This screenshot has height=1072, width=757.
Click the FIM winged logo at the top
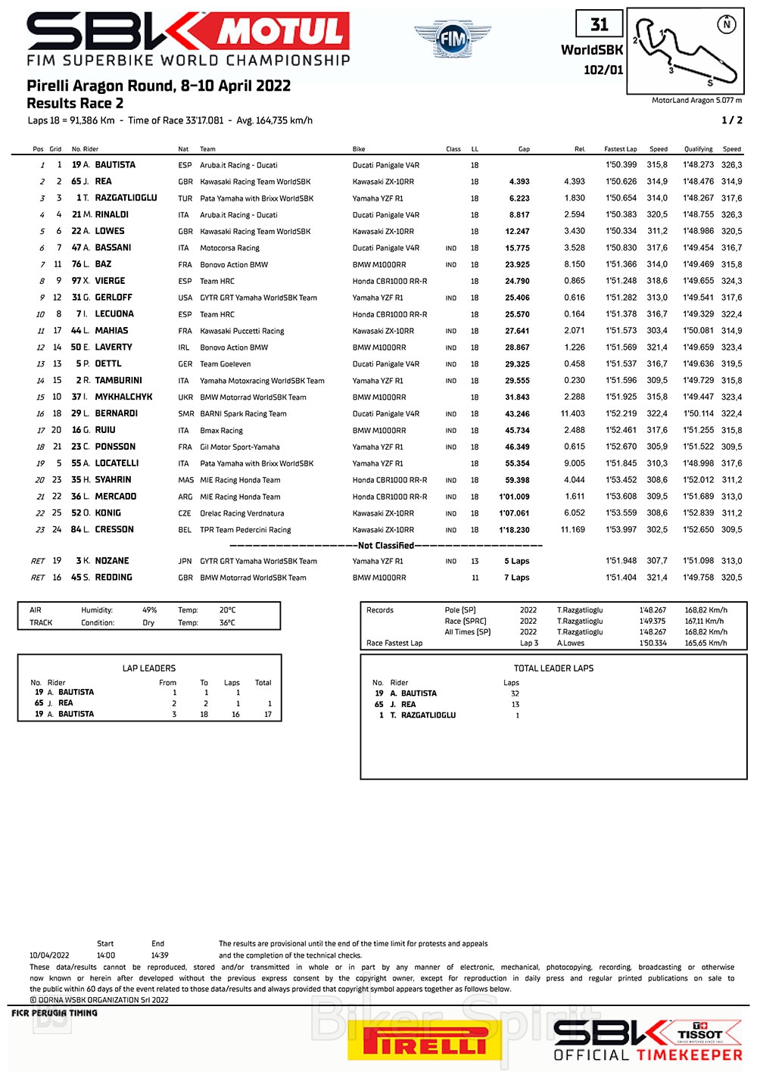[x=452, y=39]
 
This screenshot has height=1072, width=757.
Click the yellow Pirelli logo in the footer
[x=424, y=1042]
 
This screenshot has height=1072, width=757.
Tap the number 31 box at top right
[x=599, y=25]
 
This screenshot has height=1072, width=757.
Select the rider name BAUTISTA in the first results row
[x=115, y=165]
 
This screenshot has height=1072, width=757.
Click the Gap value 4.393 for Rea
[x=519, y=182]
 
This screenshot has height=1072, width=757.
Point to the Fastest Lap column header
[x=620, y=149]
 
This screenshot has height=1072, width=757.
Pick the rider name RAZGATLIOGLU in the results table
[x=126, y=198]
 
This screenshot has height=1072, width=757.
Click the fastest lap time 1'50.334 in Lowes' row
[x=621, y=232]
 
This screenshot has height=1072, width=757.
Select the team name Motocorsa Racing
[x=229, y=248]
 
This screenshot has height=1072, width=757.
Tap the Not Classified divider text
[x=386, y=546]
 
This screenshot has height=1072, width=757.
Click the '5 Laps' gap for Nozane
[x=517, y=562]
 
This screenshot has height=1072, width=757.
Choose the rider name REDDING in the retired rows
[x=114, y=578]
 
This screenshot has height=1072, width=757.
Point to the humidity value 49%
[x=150, y=610]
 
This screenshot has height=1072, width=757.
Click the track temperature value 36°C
[x=227, y=623]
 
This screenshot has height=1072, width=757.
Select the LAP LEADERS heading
[x=149, y=668]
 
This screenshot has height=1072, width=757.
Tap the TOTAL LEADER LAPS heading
[x=553, y=668]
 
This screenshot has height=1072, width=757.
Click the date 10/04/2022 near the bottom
[x=49, y=955]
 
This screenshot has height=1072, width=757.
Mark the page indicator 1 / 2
[x=731, y=120]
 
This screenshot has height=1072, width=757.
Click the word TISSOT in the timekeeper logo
[x=700, y=1034]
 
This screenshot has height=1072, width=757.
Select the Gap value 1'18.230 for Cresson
[x=514, y=530]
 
